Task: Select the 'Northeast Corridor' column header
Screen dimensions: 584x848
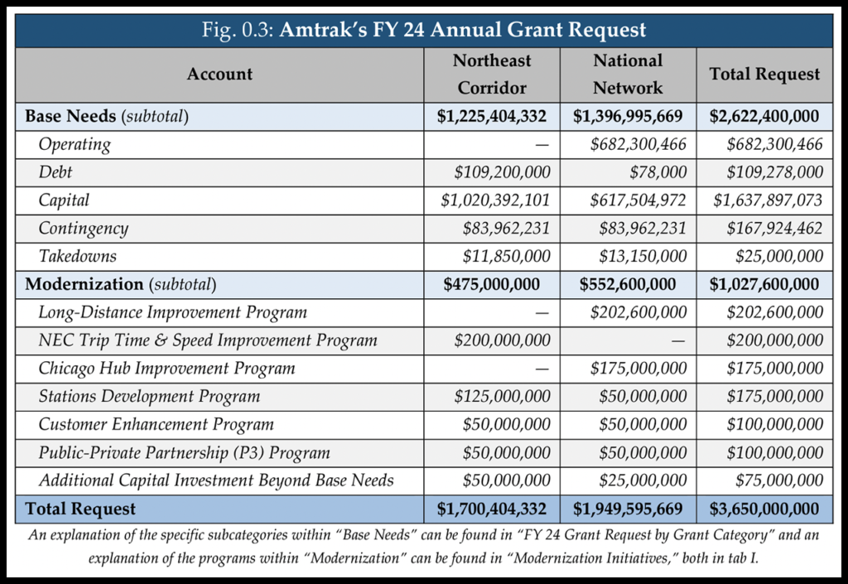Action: (492, 74)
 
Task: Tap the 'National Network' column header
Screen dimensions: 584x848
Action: (629, 74)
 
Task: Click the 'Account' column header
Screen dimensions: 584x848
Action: (219, 74)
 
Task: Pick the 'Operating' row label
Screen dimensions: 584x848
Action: (75, 144)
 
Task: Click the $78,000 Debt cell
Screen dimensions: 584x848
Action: (662, 172)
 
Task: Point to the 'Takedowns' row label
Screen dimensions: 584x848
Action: (77, 256)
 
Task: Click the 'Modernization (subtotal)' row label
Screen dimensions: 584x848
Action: (121, 284)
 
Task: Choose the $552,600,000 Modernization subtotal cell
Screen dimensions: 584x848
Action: (629, 284)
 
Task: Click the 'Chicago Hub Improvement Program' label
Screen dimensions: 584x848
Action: (166, 368)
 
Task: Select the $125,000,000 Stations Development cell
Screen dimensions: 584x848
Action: (502, 396)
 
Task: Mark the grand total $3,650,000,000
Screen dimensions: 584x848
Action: (764, 508)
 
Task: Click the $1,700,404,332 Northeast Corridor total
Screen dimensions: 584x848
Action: (492, 508)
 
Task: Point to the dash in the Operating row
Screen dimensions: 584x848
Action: (542, 144)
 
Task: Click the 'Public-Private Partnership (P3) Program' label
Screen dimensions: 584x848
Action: (184, 452)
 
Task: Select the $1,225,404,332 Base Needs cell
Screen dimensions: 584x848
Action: (492, 117)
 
